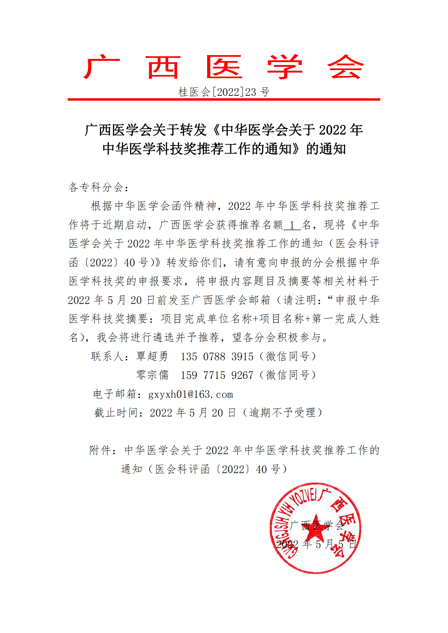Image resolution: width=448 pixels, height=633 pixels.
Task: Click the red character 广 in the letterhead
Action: (102, 67)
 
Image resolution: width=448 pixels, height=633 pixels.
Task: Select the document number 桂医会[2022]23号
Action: (224, 92)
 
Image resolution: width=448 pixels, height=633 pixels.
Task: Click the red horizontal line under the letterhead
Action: (224, 99)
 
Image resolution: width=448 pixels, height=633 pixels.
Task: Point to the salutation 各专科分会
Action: (98, 188)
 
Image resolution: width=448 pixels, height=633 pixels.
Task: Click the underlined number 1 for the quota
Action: (292, 225)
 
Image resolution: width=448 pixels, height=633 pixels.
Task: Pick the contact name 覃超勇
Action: (152, 356)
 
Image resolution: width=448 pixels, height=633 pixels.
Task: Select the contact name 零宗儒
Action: (152, 375)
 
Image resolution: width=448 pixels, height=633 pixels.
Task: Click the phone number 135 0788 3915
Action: (217, 357)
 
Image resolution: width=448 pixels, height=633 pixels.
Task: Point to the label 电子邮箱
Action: (115, 394)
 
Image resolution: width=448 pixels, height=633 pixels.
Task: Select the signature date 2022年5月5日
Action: (316, 545)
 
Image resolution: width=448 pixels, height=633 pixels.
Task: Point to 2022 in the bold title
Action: (332, 130)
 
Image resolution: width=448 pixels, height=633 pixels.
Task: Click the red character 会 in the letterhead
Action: (345, 67)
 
